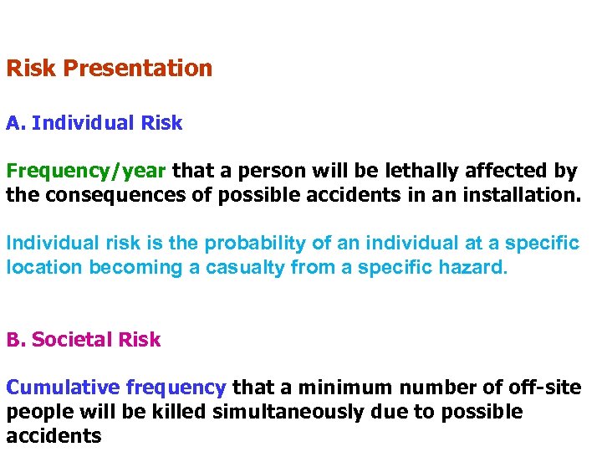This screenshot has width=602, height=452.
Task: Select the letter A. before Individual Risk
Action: tap(16, 124)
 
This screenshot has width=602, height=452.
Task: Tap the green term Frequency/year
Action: tap(87, 172)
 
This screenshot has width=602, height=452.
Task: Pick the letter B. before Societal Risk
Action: tap(16, 340)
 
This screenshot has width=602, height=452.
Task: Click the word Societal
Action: tap(72, 340)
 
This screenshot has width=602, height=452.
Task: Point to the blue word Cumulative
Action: tap(64, 388)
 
